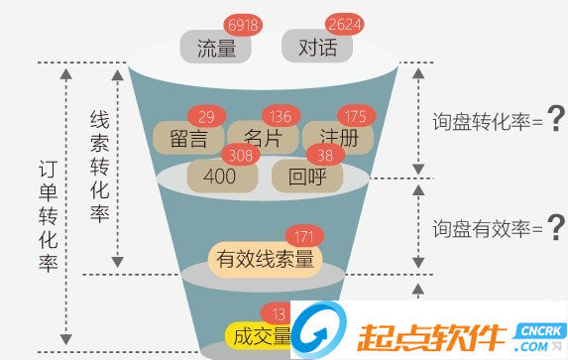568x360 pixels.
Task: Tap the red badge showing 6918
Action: pyautogui.click(x=241, y=23)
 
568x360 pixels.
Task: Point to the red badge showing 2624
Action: pyautogui.click(x=346, y=23)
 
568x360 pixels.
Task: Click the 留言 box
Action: pyautogui.click(x=188, y=137)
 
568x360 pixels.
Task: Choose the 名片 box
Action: pyautogui.click(x=260, y=137)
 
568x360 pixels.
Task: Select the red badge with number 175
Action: pyautogui.click(x=356, y=115)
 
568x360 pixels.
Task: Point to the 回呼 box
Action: pyautogui.click(x=307, y=177)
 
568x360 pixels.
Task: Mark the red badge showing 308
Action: pyautogui.click(x=240, y=155)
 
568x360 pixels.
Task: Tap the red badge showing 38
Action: pyautogui.click(x=325, y=155)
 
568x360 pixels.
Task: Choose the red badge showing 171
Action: pyautogui.click(x=304, y=237)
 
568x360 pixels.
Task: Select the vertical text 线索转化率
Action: pyautogui.click(x=98, y=165)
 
